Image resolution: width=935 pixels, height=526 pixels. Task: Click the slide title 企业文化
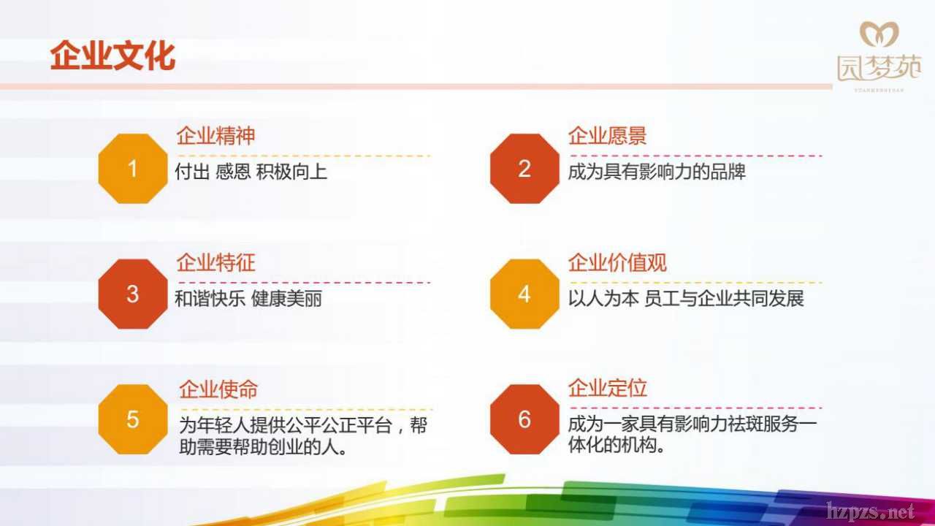[x=112, y=56]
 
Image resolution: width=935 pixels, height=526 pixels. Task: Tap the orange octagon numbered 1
[x=133, y=169]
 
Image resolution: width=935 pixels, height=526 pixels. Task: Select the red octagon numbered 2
[x=524, y=169]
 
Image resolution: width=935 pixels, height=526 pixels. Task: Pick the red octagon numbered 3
[x=133, y=294]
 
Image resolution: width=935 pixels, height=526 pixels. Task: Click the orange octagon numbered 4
[x=524, y=294]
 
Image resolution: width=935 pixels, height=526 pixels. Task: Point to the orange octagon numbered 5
[x=133, y=419]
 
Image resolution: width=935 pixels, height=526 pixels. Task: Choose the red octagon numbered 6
[x=524, y=419]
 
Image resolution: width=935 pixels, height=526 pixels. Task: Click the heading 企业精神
[x=215, y=136]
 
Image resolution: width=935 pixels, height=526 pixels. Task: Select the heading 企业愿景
[x=607, y=136]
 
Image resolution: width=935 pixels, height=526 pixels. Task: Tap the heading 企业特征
[x=215, y=262]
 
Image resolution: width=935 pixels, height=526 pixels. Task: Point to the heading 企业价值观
[x=617, y=262]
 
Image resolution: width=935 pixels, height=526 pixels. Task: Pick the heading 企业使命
[x=218, y=389]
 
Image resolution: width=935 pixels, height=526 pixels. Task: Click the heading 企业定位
[x=607, y=388]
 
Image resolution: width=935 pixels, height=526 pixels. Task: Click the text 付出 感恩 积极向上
[x=251, y=172]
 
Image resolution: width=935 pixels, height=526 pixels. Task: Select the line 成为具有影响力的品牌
[x=656, y=172]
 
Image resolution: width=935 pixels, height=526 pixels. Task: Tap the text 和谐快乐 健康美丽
[x=248, y=299]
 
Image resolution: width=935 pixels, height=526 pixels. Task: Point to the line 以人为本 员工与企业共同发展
[x=685, y=299]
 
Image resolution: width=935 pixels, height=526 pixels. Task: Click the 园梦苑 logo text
[x=879, y=68]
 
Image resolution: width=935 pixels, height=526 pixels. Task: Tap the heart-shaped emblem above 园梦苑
[x=879, y=34]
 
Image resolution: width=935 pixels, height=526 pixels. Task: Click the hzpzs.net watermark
[x=871, y=511]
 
